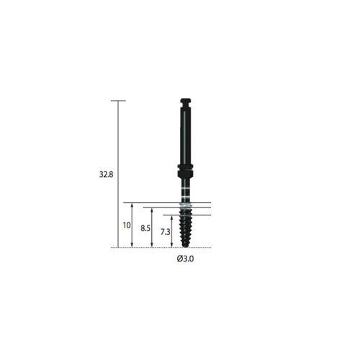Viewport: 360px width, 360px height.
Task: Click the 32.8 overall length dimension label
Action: [106, 174]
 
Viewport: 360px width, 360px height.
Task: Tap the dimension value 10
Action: [127, 225]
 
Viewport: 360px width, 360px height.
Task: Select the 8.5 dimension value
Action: [145, 228]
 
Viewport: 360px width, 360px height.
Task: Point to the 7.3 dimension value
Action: [166, 232]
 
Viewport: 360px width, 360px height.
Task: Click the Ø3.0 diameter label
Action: [185, 259]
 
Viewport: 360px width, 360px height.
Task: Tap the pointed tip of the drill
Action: [185, 246]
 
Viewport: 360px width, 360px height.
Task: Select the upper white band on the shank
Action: [185, 189]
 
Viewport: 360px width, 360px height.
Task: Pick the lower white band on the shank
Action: [185, 197]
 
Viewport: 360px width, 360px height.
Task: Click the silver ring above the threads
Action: [186, 205]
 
